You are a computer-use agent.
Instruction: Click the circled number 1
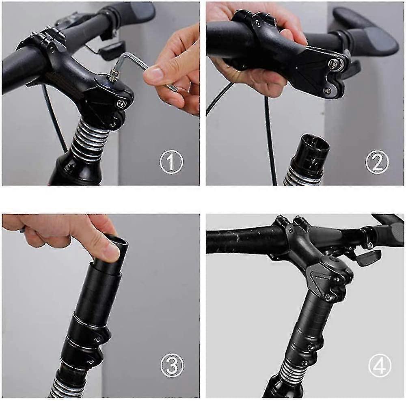[171, 162]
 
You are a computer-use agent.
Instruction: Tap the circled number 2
[377, 162]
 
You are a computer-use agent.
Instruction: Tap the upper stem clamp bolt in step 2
[333, 63]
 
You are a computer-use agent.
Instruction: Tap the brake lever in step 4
[367, 256]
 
